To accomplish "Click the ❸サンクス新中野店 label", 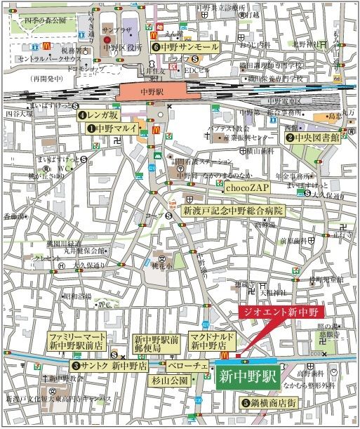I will pos(109,366).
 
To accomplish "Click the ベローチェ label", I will pos(187,366).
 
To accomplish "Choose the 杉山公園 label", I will pos(171,380).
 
